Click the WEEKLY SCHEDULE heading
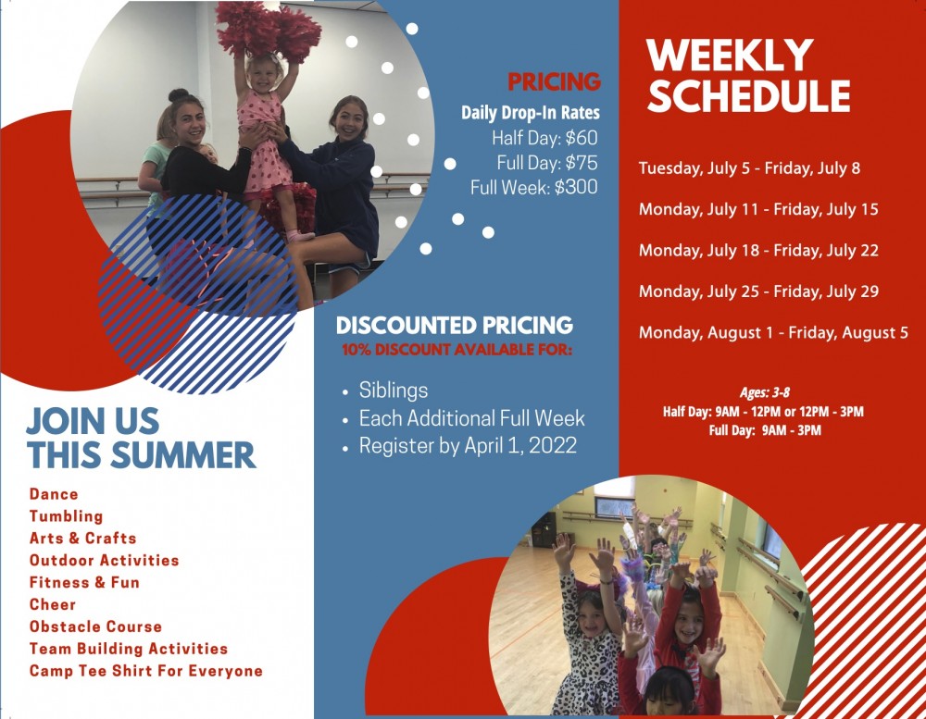(x=747, y=76)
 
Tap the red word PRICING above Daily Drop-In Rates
(x=554, y=82)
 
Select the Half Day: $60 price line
(x=544, y=138)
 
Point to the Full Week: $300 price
(x=534, y=187)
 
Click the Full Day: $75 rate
(x=547, y=162)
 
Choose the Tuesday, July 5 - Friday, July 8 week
(x=749, y=168)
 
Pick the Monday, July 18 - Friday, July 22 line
(x=758, y=250)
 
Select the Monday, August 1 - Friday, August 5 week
(x=773, y=332)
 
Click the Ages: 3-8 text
(x=764, y=392)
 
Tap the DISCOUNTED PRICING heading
(x=454, y=326)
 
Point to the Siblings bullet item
(x=394, y=390)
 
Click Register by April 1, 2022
(x=468, y=446)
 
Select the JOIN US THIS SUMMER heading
(x=141, y=438)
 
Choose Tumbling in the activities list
(x=66, y=516)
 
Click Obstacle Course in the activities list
(x=95, y=626)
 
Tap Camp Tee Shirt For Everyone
(x=146, y=671)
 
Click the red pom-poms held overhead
(x=269, y=30)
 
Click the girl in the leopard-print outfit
(x=588, y=638)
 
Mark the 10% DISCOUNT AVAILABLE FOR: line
(x=457, y=350)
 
